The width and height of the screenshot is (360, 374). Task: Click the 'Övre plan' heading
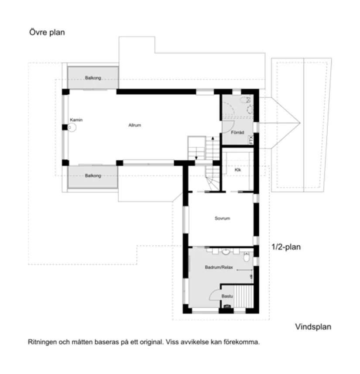(47, 32)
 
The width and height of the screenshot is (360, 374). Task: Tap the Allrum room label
(134, 125)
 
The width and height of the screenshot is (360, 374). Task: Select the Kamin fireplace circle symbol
(72, 127)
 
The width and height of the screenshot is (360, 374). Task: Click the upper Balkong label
(93, 78)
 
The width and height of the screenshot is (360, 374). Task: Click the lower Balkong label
(93, 175)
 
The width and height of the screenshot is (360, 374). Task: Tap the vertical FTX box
(251, 140)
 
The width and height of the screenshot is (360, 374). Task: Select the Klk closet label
(238, 170)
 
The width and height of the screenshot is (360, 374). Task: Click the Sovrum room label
(222, 218)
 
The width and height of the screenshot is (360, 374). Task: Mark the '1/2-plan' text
(286, 247)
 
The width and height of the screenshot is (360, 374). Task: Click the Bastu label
(227, 296)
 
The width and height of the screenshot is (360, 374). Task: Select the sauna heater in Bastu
(226, 307)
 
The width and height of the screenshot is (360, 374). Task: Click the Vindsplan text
(313, 326)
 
